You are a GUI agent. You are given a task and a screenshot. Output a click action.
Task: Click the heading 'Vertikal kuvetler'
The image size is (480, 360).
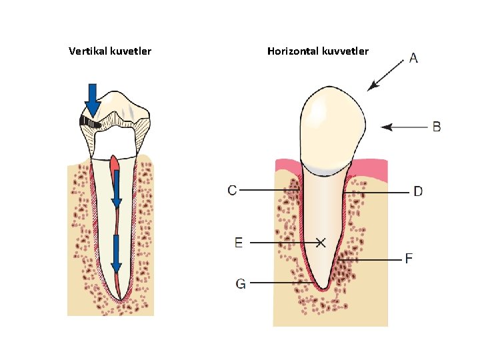point(110,51)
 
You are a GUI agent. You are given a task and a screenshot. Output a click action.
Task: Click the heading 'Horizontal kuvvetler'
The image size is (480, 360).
point(317,51)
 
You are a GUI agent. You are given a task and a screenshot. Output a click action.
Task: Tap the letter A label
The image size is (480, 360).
point(413,59)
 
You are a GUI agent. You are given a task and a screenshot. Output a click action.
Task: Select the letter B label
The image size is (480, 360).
point(437,126)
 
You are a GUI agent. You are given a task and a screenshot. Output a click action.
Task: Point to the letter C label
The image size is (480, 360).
point(232,191)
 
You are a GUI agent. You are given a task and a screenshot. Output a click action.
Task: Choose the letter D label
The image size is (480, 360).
point(417,192)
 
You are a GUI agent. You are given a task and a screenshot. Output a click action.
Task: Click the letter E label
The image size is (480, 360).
point(239,243)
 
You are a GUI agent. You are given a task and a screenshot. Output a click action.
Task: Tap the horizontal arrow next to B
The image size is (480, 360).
point(403,126)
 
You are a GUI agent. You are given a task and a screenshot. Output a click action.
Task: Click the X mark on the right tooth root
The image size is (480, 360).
point(321,243)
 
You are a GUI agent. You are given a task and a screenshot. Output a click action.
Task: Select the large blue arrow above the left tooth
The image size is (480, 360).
point(93,99)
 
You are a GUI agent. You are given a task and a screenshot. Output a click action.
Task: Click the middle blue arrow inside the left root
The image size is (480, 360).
point(116,190)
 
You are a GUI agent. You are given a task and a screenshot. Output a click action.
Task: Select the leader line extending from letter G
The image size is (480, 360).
point(277,283)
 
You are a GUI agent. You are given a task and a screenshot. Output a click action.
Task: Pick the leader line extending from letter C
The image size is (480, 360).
point(267,191)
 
